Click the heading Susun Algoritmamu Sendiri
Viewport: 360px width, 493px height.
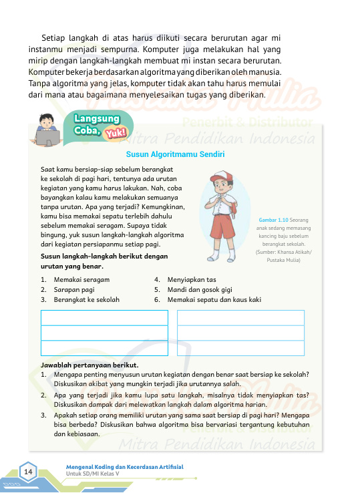[x=180, y=154]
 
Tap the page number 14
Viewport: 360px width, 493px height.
[x=29, y=472]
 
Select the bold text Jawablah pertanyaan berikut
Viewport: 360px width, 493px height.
[x=89, y=365]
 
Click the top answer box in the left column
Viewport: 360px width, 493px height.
[x=105, y=317]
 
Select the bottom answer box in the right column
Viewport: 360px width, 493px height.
[x=240, y=347]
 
